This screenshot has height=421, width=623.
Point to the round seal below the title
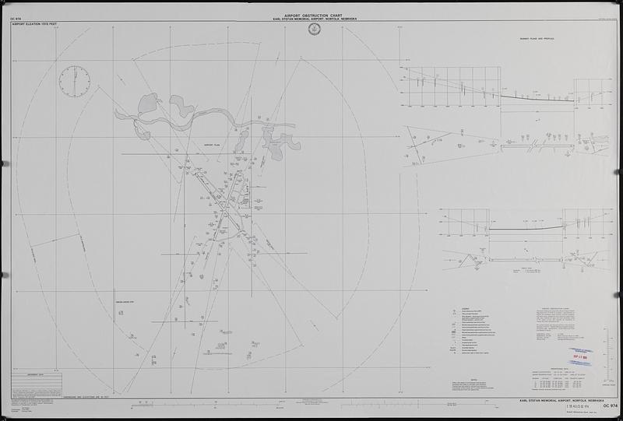coord(314,30)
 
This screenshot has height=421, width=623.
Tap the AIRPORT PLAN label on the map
coord(213,146)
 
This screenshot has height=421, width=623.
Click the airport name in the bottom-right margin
coord(551,401)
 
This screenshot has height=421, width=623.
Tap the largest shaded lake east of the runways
coord(275,143)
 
